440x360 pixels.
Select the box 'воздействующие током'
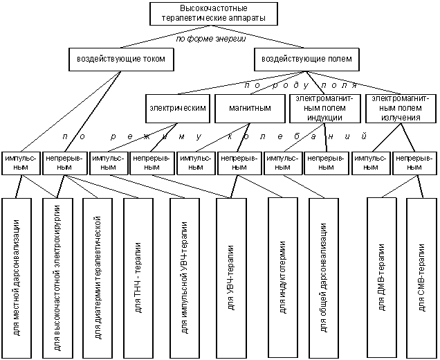[121, 60]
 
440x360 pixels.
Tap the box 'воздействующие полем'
[306, 60]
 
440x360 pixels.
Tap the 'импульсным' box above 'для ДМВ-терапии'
[371, 163]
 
